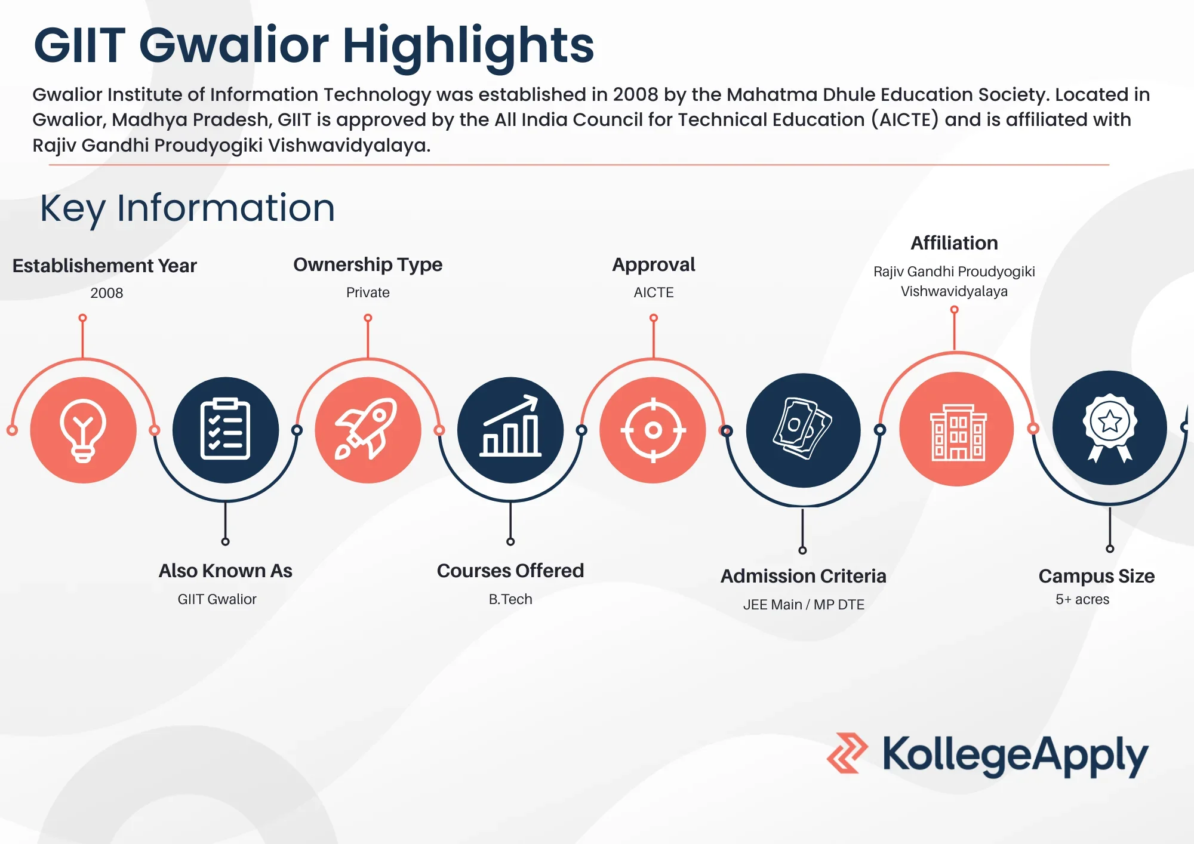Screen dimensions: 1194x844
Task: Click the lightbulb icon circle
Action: point(84,430)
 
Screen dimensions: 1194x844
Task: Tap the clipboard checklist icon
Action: point(226,430)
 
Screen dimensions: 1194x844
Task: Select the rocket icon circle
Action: point(368,430)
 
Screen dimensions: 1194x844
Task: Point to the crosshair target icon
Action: point(653,430)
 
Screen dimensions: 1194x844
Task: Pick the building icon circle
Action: point(956,429)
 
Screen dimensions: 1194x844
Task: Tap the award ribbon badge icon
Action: point(1110,427)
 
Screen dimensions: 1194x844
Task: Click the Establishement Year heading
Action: point(104,266)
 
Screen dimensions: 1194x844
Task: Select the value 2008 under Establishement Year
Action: point(107,293)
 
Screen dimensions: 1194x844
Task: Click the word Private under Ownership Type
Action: point(368,292)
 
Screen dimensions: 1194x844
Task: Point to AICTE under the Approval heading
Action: point(654,292)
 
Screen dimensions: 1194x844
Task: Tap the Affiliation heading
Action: point(954,243)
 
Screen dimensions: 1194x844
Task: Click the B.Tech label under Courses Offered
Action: point(510,599)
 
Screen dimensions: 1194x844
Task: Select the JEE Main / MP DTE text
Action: point(804,605)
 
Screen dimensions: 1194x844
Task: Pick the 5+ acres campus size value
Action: point(1082,599)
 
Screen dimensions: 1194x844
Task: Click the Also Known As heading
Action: point(226,571)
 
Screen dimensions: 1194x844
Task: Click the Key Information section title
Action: point(187,208)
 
